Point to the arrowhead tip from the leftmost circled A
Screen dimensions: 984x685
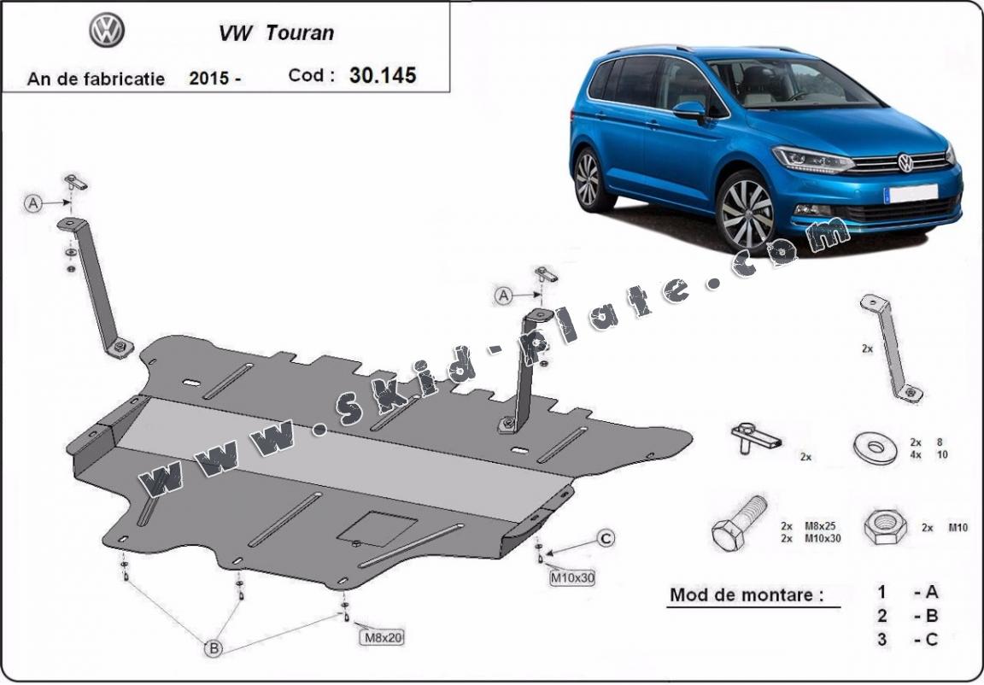pos(70,202)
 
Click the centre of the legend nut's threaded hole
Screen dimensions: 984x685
pos(884,524)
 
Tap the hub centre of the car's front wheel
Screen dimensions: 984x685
pos(747,214)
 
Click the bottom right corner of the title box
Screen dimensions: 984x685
pos(449,92)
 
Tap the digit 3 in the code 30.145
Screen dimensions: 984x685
pos(355,75)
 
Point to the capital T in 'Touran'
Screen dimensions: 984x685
pos(272,32)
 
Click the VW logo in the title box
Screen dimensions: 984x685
pos(107,30)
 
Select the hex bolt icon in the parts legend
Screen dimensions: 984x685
pos(739,524)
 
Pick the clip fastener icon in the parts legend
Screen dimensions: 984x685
pos(755,437)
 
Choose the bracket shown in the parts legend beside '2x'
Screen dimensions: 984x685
pos(891,348)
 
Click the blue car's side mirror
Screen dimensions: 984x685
pos(689,111)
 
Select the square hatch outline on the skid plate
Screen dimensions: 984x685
pos(378,529)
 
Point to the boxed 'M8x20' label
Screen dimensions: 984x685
pos(381,637)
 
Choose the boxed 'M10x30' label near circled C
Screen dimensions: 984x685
pos(571,577)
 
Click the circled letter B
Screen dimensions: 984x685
pos(214,648)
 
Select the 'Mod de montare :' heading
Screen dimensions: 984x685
pos(747,594)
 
